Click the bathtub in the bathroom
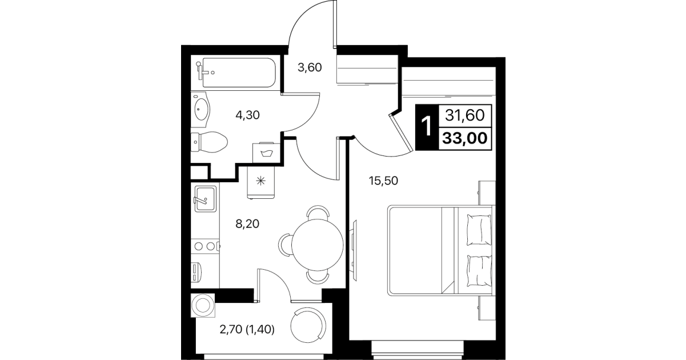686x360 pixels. [236, 73]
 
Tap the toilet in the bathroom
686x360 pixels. [209, 142]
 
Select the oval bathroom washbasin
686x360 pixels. [202, 109]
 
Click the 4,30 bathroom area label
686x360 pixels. [247, 115]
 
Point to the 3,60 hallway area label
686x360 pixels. [310, 67]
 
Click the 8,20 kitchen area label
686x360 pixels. [247, 224]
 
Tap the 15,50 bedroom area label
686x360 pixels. [383, 181]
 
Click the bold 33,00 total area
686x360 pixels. [465, 139]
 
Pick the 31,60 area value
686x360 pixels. [464, 115]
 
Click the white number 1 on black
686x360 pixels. [426, 126]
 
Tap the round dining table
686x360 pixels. [317, 245]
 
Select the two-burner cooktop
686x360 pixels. [205, 246]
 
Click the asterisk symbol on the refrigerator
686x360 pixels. [260, 181]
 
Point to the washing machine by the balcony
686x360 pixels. [202, 306]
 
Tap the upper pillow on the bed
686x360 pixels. [479, 230]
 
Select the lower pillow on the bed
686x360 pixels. [480, 271]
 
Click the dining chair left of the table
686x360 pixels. [285, 245]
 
